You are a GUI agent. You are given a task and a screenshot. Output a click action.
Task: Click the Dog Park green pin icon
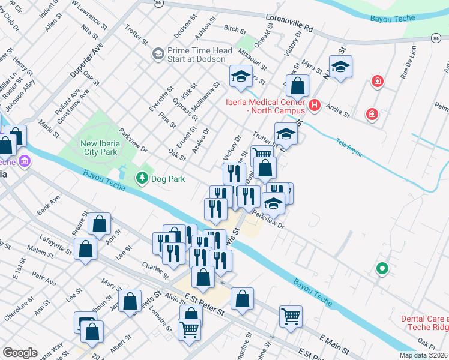pos(142,178)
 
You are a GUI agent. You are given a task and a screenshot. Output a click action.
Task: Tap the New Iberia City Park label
pos(106,148)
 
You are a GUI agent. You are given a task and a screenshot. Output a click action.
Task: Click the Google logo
pos(20,352)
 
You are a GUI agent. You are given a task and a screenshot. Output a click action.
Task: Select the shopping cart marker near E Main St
pos(291,316)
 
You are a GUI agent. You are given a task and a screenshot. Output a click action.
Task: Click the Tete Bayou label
pos(348,149)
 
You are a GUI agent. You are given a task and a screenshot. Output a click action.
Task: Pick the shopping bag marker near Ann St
pos(100,224)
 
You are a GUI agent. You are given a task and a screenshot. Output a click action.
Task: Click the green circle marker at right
pos(381,269)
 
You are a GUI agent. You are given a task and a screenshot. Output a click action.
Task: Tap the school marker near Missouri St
pos(241,76)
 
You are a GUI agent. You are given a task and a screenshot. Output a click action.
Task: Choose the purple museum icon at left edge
pos(25,162)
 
